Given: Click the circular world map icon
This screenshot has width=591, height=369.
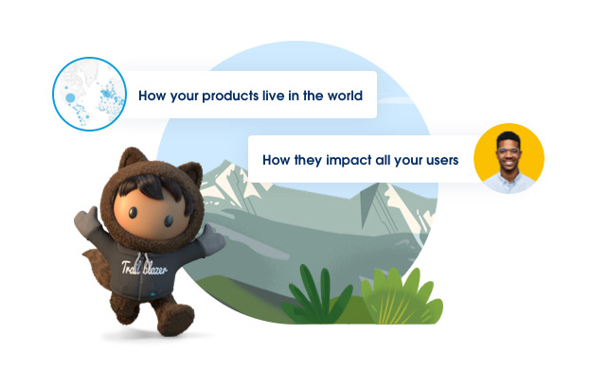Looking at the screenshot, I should click(x=91, y=94).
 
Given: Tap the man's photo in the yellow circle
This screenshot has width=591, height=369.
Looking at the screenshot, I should click(x=509, y=158).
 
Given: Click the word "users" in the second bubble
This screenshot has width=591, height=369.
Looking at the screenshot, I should click(x=438, y=160).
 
